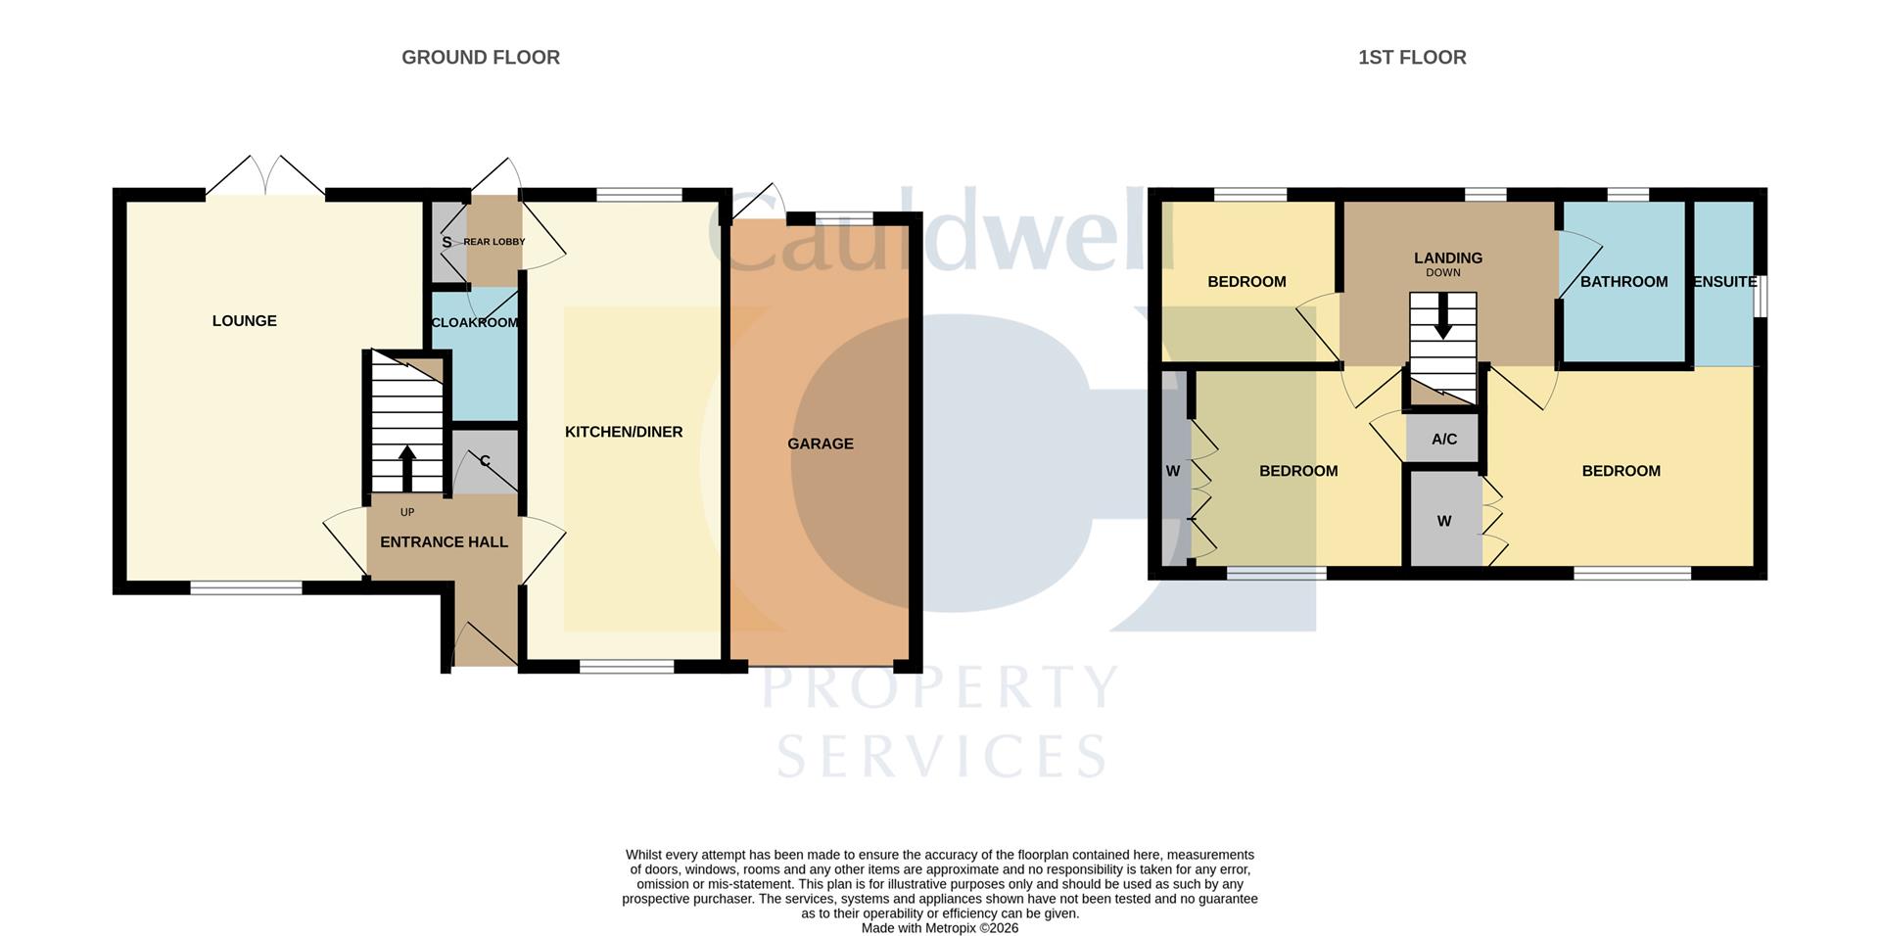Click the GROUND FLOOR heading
(480, 58)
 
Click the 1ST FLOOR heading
(1411, 58)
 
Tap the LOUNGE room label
(244, 321)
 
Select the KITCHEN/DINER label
(623, 432)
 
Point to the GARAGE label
(820, 444)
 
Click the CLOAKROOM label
(475, 322)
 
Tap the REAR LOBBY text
(493, 242)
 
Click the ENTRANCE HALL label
(444, 541)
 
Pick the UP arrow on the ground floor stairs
(407, 468)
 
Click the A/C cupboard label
(1443, 440)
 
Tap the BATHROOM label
(1622, 282)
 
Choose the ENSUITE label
(1724, 282)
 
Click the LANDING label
(1447, 258)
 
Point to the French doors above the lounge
(265, 177)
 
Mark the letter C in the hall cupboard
(485, 461)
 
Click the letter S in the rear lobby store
(446, 242)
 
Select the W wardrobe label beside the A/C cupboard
(1443, 522)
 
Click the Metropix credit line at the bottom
(939, 928)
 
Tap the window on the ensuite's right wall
(1761, 296)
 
